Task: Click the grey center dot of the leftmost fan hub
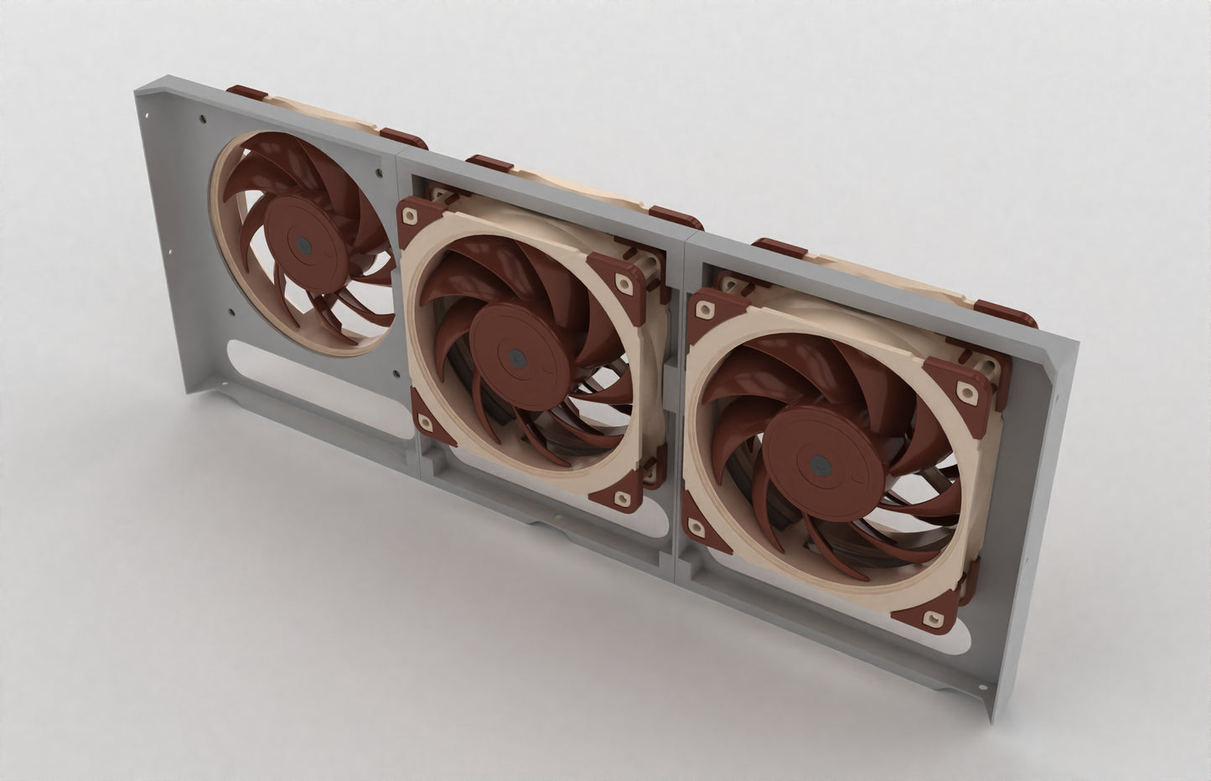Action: click(x=303, y=246)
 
